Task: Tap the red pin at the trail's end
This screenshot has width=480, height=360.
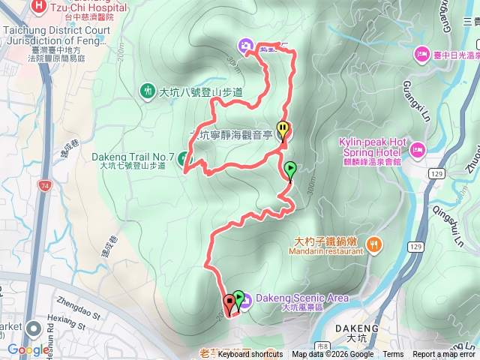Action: [229, 304]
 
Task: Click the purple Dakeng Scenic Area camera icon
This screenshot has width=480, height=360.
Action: [246, 298]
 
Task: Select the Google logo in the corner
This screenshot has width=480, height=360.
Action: [28, 349]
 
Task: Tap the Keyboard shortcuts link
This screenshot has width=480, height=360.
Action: [250, 355]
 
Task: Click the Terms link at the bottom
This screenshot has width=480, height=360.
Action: [393, 355]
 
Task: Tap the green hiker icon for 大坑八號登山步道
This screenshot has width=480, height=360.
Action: [148, 91]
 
